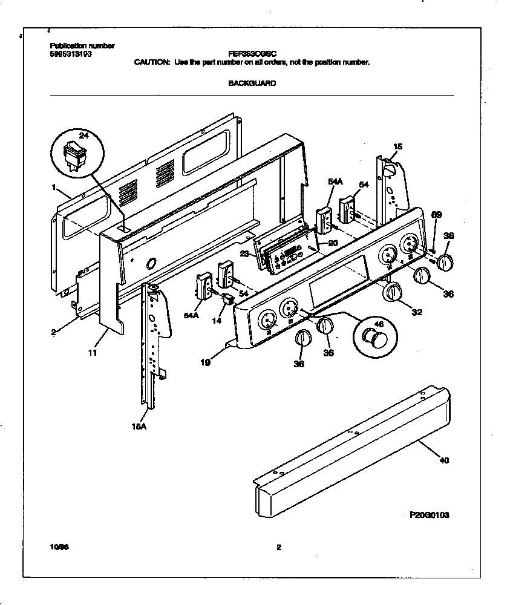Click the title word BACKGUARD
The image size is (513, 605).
tap(252, 83)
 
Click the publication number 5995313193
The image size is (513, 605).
tap(70, 54)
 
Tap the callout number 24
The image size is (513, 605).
tap(83, 136)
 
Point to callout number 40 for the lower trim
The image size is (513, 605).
tap(443, 461)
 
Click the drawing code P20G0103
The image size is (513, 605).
tap(429, 515)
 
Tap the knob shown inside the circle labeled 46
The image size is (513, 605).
tap(373, 337)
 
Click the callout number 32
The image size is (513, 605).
tap(416, 312)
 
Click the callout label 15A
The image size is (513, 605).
tap(139, 426)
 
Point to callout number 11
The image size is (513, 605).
tap(93, 351)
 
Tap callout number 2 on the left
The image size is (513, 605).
tap(54, 332)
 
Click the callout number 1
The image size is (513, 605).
tap(54, 188)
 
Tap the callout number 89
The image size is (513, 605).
tap(436, 214)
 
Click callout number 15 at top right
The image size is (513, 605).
tap(397, 146)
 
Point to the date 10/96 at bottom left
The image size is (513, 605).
tap(57, 548)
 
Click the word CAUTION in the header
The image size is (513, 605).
tap(151, 62)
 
